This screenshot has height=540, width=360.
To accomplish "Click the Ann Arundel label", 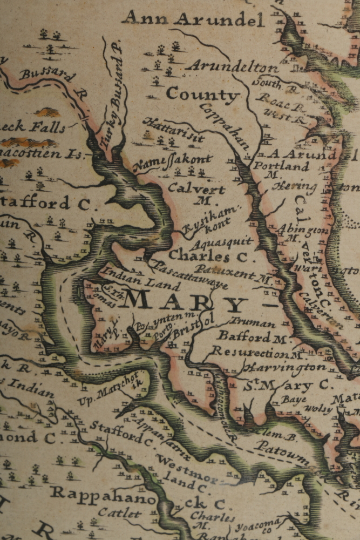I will [193, 19].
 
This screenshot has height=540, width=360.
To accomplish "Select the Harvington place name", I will [284, 368].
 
